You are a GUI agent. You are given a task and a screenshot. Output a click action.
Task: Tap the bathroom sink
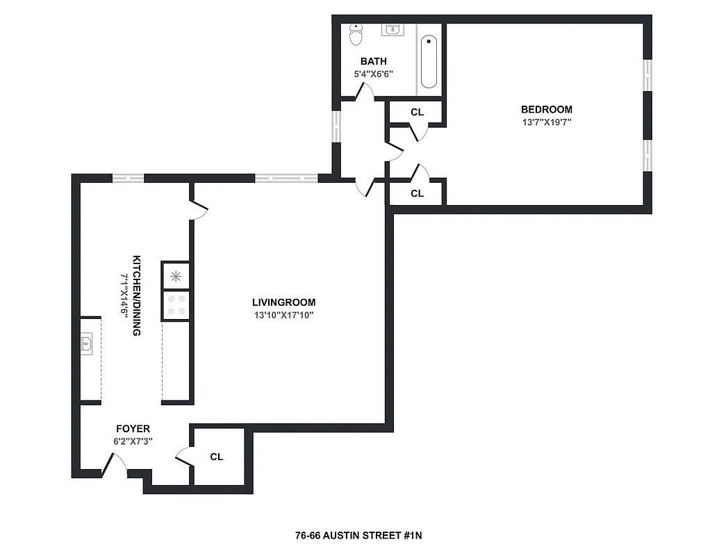[392, 29]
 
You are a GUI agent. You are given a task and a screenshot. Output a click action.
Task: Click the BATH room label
[373, 61]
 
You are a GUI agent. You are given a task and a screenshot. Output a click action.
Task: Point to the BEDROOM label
[547, 109]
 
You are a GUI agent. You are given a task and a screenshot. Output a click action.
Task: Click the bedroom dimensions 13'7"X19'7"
[547, 122]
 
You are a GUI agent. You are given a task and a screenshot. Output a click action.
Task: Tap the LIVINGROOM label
[283, 302]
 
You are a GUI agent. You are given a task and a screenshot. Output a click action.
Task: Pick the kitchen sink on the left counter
[87, 343]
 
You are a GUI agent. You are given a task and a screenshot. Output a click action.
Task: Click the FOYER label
[132, 429]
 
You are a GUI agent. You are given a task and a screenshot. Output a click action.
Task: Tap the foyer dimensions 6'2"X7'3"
[132, 441]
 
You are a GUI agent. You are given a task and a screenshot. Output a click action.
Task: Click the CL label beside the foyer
[217, 457]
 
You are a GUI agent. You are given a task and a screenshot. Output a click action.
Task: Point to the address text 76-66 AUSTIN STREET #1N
[358, 536]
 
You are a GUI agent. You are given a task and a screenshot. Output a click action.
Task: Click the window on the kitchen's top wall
[129, 178]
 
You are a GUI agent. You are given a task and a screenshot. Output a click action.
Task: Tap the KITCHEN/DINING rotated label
[132, 295]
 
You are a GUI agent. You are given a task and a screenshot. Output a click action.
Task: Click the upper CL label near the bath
[417, 112]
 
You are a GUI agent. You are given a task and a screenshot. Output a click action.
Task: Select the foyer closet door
[185, 455]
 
